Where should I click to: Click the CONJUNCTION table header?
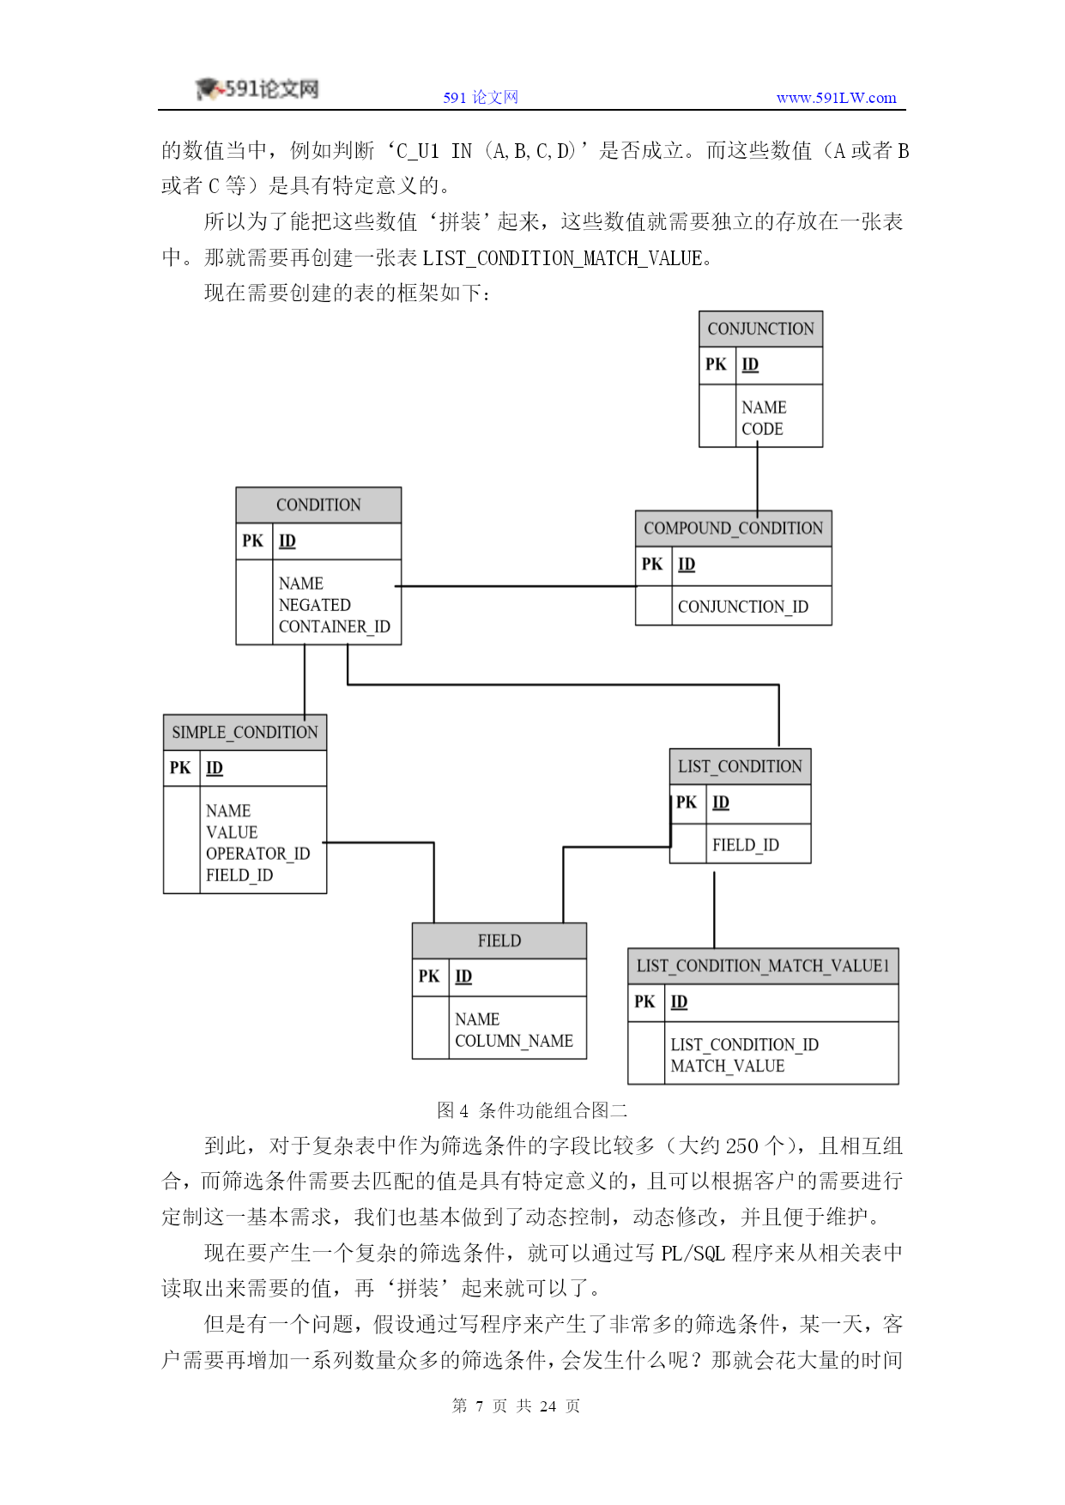pos(760,329)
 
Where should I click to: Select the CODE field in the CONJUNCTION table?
pos(762,429)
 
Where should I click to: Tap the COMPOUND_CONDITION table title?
pos(733,529)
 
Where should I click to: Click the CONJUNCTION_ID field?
pos(742,607)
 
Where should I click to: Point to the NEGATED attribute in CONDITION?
pos(314,605)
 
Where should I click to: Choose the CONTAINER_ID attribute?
pos(334,626)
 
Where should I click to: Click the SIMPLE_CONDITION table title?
pos(245,733)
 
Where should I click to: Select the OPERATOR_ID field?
pos(257,854)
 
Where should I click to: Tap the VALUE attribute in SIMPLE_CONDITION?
pos(232,832)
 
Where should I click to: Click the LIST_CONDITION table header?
pos(740,767)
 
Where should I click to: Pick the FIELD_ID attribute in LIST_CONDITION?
pos(745,845)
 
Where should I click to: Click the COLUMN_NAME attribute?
pos(513,1041)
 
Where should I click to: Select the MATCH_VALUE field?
pos(727,1066)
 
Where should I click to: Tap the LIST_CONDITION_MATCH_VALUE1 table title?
pos(763,966)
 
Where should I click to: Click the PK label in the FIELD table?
pos(429,976)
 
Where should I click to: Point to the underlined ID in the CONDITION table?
pos(287,541)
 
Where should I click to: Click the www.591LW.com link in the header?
pos(836,98)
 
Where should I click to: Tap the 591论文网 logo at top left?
pos(257,88)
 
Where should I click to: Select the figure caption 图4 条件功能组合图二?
pos(532,1110)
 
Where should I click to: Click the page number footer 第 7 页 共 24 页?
pos(516,1405)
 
